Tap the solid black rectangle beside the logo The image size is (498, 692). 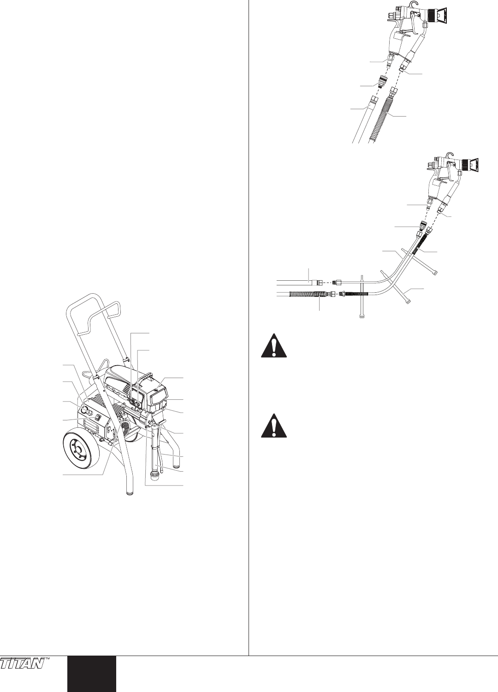tap(91, 674)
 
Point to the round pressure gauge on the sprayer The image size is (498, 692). tap(87, 410)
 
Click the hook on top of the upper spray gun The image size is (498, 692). tap(406, 5)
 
